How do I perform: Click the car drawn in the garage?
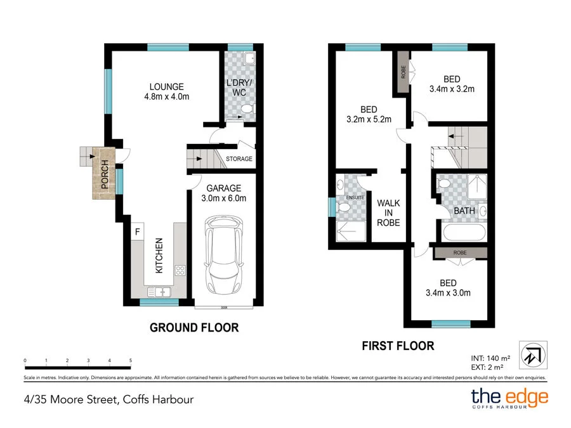(x=224, y=255)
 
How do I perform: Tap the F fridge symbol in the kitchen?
(x=138, y=231)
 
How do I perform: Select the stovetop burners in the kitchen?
(x=180, y=270)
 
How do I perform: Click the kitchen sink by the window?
(x=159, y=292)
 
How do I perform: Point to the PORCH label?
(x=105, y=174)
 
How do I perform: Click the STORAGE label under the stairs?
(x=239, y=159)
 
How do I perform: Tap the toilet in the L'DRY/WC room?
(x=247, y=109)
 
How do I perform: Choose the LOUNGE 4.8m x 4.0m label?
(x=167, y=92)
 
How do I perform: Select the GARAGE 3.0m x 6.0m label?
(x=223, y=193)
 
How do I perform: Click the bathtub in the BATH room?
(x=463, y=233)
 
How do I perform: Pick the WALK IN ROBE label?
(x=388, y=213)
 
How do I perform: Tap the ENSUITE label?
(x=355, y=198)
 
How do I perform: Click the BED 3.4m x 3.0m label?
(x=449, y=288)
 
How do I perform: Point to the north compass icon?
(x=533, y=355)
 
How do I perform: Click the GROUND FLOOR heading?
(x=194, y=328)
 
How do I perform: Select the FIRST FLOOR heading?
(x=398, y=346)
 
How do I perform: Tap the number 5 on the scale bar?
(x=130, y=360)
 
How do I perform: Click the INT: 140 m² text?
(x=490, y=358)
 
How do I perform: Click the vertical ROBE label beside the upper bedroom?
(x=403, y=72)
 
